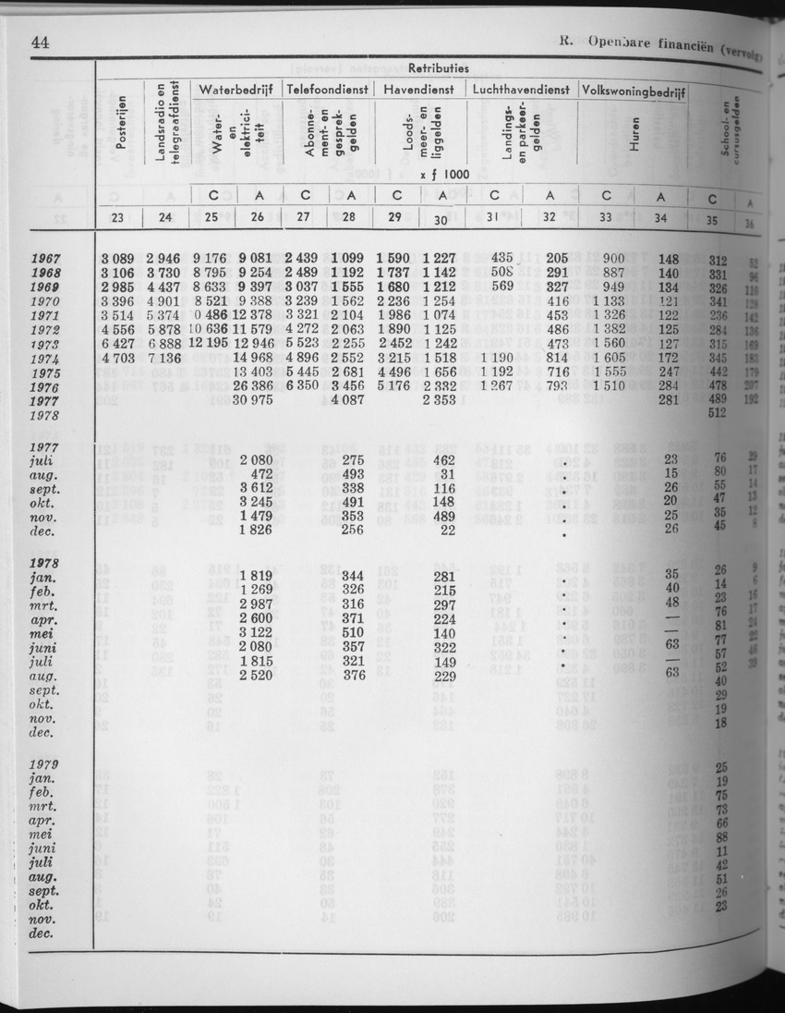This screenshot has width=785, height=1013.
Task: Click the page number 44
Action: coord(40,42)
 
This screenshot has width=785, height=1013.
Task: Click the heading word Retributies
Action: coord(438,68)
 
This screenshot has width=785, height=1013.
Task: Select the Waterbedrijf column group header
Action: coord(235,90)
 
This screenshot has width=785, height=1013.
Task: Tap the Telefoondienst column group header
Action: coord(327,90)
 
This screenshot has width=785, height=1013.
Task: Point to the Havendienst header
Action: coord(419,90)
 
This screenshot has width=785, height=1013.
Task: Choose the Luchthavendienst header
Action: coord(522,90)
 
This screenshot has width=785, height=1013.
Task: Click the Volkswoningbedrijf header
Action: coord(633,90)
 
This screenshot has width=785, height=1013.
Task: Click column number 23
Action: coord(120,219)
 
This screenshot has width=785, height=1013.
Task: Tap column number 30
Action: coord(442,220)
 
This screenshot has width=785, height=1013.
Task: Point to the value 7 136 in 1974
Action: coord(166,359)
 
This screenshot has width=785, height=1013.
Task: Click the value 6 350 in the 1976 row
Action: coord(304,386)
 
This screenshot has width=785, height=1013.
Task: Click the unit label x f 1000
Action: coord(443,173)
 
